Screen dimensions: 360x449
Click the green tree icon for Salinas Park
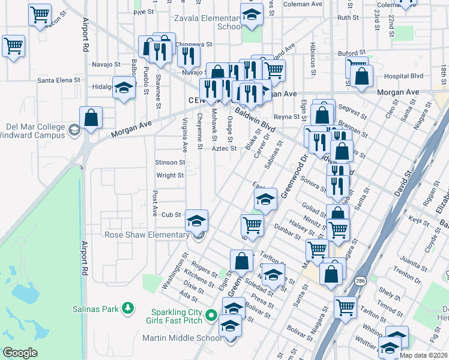[x=127, y=308]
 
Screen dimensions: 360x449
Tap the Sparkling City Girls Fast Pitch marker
[x=211, y=315]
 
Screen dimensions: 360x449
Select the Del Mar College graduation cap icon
[x=74, y=130]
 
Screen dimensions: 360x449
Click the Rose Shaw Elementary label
[x=146, y=235]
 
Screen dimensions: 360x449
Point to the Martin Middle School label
[x=182, y=338]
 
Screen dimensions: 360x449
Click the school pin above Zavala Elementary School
[x=252, y=15]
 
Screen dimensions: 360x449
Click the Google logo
[x=20, y=353]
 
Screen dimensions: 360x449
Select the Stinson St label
[x=170, y=163]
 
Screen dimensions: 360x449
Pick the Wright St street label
[x=170, y=176]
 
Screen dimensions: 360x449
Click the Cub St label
[x=171, y=214]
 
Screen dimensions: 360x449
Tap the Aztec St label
[x=223, y=149]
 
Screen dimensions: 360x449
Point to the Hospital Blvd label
[x=403, y=76]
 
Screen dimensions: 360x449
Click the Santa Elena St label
[x=59, y=80]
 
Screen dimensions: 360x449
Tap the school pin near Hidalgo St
[x=124, y=89]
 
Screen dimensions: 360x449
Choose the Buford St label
[x=352, y=53]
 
